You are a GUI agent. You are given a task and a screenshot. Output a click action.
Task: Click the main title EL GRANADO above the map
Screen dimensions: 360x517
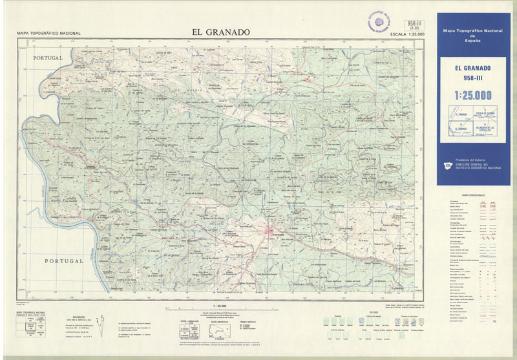click(x=220, y=32)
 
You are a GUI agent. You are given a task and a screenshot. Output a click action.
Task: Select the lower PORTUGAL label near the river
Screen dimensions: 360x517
click(x=64, y=260)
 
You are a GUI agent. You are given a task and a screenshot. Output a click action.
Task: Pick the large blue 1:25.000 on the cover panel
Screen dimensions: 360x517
click(x=472, y=96)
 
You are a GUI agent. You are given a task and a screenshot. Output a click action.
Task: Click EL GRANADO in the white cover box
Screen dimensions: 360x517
click(x=472, y=69)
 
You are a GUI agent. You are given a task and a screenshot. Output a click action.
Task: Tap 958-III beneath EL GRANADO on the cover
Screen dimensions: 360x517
click(x=472, y=79)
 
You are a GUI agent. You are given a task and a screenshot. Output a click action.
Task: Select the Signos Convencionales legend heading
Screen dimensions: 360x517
click(x=473, y=195)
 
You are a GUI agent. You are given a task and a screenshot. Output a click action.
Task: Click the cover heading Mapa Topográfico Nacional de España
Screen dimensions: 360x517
click(x=472, y=35)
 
